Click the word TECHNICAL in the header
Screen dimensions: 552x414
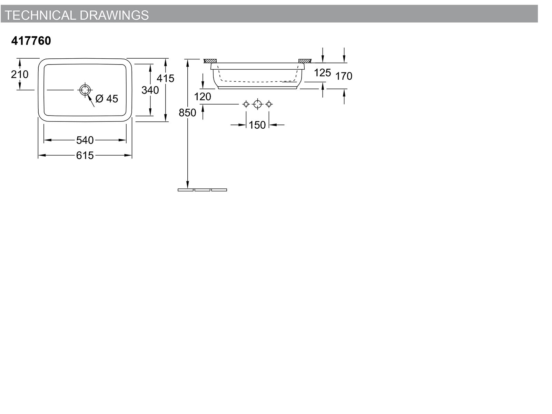click(40, 15)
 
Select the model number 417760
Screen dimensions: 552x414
click(31, 41)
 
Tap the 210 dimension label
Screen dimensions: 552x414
click(20, 75)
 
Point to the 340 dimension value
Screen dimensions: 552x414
click(150, 90)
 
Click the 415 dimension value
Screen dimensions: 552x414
click(166, 78)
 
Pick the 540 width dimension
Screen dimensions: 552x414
click(85, 140)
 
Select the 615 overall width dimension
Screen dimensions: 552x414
click(85, 155)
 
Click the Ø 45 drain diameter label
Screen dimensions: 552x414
click(107, 99)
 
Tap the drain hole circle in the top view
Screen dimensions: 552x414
click(85, 86)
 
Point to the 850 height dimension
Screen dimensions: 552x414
click(187, 112)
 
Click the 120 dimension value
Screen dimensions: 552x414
click(203, 97)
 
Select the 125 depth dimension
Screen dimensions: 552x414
click(322, 73)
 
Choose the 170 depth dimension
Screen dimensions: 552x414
click(344, 76)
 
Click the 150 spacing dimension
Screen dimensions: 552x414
click(257, 125)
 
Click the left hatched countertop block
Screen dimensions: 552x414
click(210, 61)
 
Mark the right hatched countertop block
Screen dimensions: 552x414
click(305, 61)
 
